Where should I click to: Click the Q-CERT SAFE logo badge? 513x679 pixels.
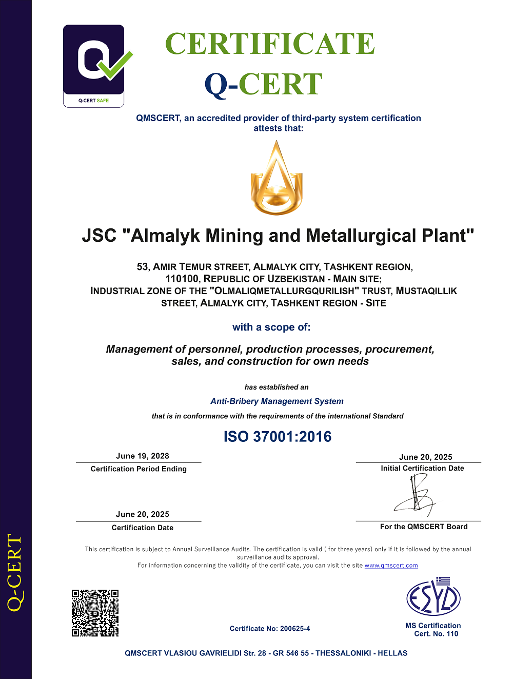coord(94,66)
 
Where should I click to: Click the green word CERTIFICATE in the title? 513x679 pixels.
coord(270,44)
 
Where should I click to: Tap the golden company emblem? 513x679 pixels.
coord(277,178)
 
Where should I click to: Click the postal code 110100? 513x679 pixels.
coord(182,279)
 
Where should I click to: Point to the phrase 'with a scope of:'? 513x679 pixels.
coord(271,327)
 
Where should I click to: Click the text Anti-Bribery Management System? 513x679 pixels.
coord(277,401)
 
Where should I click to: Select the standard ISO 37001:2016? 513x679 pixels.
coord(278,437)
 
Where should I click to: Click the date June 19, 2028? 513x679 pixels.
coord(143,456)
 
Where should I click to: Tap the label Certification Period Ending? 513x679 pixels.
coord(139,469)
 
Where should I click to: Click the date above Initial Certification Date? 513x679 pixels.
coord(426,457)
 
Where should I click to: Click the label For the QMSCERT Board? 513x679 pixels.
coord(424,527)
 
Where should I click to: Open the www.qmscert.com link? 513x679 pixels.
coord(391,565)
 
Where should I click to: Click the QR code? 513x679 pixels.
coord(95,613)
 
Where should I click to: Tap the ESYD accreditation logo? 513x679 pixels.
coord(433,597)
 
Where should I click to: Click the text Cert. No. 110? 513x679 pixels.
coord(436,634)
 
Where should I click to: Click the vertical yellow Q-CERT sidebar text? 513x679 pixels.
coord(15,572)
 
